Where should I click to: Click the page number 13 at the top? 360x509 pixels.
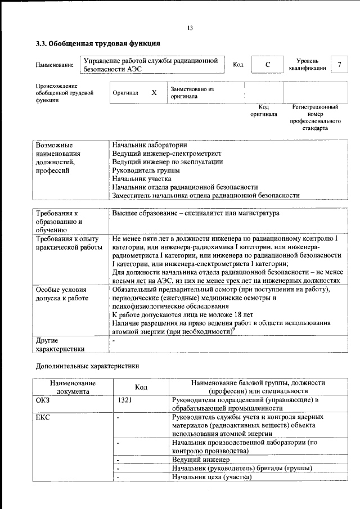point(190,28)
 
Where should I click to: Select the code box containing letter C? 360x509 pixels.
point(268,65)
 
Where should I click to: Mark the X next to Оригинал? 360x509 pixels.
point(154,93)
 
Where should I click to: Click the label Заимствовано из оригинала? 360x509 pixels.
point(192,93)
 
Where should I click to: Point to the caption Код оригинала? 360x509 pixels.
point(263,110)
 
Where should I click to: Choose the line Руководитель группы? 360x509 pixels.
point(146,170)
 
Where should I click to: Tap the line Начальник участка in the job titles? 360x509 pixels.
point(142,178)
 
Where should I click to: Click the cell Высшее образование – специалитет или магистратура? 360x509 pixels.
point(195,214)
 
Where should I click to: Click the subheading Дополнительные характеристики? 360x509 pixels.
point(87,366)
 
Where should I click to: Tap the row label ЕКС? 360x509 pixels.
point(43,417)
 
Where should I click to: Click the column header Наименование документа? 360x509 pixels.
point(73,386)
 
